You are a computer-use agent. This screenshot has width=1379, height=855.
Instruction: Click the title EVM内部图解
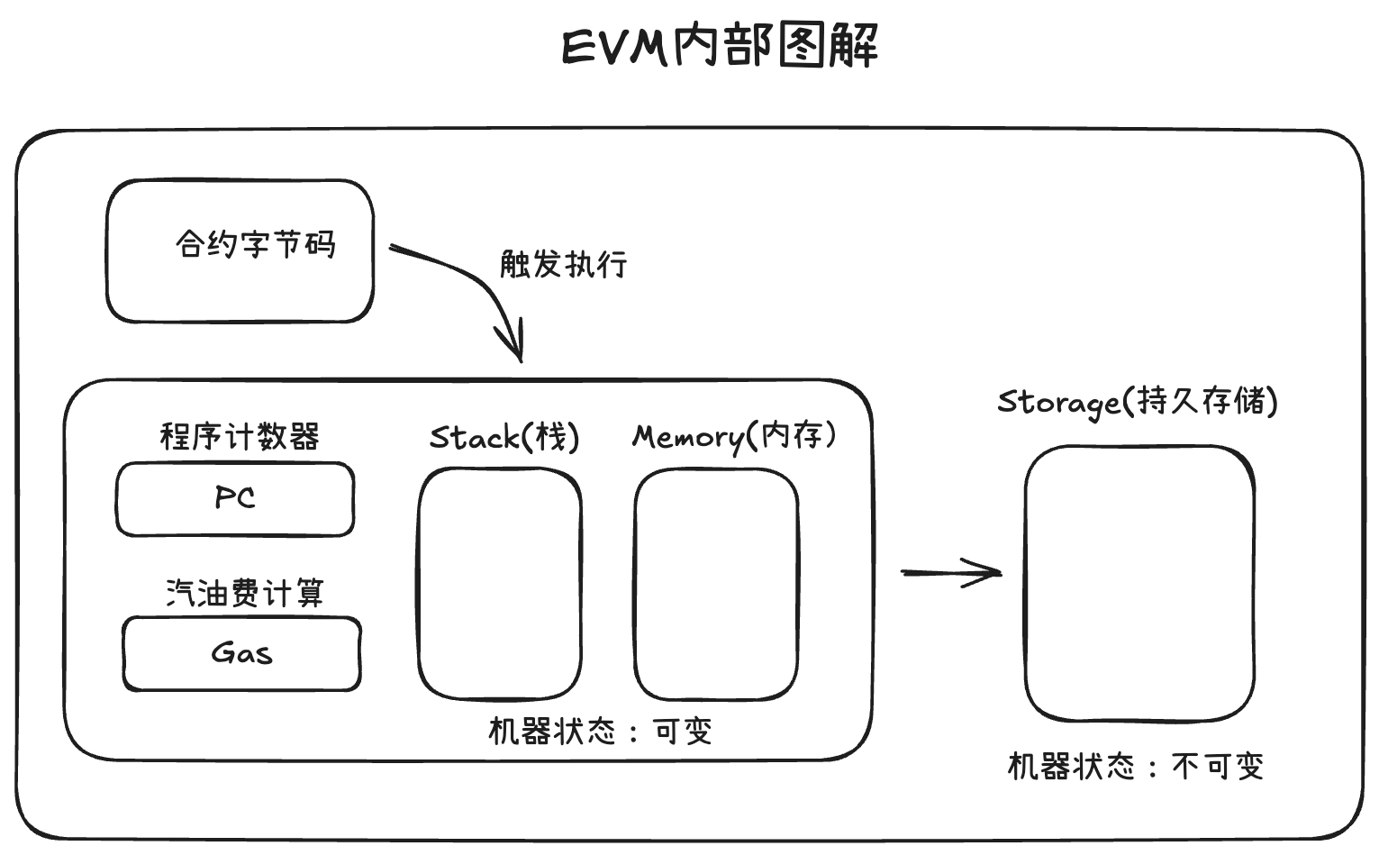point(719,47)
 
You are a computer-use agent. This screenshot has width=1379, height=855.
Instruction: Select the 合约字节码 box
point(240,251)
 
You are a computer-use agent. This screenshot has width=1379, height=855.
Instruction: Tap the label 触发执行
point(563,265)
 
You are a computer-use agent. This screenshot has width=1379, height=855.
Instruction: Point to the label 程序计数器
point(240,437)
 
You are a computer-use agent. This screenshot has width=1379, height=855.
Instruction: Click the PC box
point(234,499)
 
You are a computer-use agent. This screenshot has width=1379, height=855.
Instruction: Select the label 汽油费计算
point(244,593)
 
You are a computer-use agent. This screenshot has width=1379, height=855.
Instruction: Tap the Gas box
point(241,654)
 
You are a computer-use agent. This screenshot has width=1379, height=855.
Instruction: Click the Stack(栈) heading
point(504,438)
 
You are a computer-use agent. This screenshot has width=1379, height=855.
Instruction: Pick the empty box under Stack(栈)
point(500,584)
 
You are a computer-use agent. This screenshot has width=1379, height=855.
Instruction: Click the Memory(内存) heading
point(734,436)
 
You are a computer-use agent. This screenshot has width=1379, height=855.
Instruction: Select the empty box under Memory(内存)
point(716,584)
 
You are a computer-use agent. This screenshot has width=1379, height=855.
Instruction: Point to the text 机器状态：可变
point(600,731)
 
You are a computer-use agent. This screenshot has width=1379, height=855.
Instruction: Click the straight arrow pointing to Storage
point(952,572)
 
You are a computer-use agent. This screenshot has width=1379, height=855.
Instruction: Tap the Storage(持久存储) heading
point(1137,402)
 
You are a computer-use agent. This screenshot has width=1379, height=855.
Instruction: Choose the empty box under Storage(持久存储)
point(1139,584)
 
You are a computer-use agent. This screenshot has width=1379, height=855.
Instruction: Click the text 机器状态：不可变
point(1136,767)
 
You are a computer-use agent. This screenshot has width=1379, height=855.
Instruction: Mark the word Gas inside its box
point(241,653)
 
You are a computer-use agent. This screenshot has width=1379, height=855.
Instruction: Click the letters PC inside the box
point(234,497)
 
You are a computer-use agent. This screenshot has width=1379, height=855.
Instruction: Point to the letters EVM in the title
point(616,47)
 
